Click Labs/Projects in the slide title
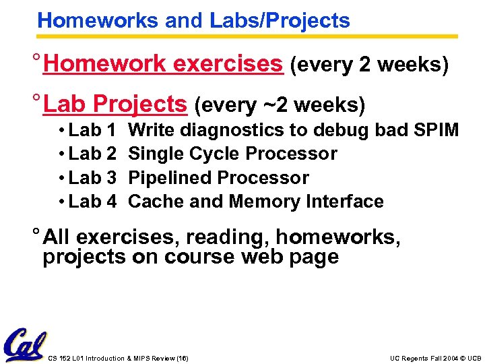[280, 21]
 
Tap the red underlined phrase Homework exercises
[162, 65]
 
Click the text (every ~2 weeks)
[280, 106]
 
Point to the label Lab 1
[92, 129]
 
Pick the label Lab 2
[92, 154]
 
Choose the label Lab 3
[92, 178]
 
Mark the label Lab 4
[92, 202]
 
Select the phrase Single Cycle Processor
[232, 154]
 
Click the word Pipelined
[169, 178]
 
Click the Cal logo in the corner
[24, 344]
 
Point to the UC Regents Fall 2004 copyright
[435, 358]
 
